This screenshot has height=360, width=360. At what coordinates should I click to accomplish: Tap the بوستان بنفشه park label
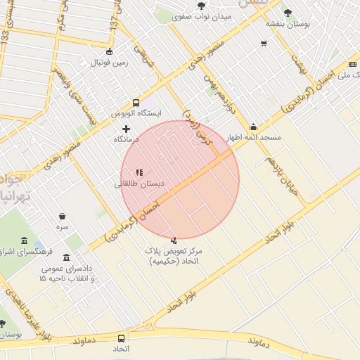288,23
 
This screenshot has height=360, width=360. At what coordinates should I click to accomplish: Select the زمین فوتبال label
109,63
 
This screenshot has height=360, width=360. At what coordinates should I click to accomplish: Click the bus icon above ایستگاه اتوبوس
136,102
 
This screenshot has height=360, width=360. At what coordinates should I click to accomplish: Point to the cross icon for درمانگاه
127,129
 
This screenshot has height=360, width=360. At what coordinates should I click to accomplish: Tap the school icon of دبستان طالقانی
139,172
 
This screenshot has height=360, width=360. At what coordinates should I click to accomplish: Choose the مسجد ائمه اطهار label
254,137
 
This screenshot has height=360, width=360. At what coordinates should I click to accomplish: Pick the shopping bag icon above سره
63,217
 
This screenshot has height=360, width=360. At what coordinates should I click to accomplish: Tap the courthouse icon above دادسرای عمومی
67,257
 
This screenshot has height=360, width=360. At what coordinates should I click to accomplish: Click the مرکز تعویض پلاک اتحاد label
174,256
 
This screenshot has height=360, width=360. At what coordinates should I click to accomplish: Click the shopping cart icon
264,43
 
